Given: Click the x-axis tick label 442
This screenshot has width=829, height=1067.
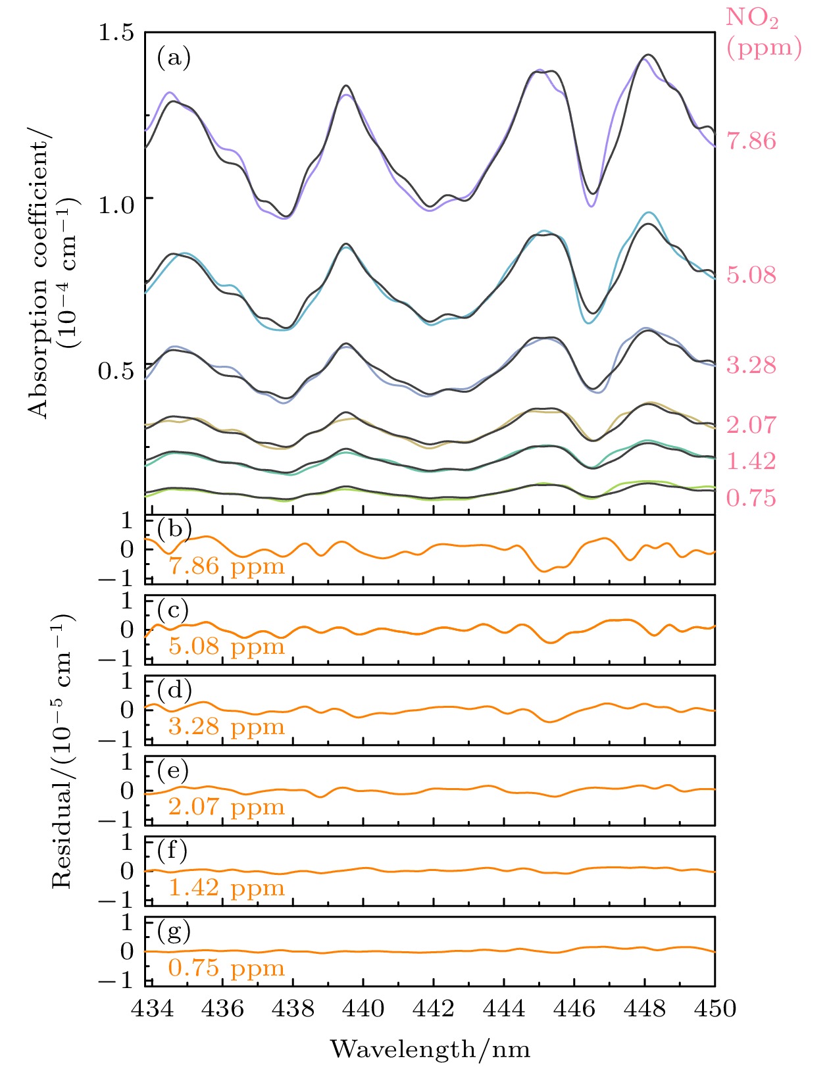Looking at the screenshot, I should [434, 1008].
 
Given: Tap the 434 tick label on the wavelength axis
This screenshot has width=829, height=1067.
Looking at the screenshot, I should [152, 1008].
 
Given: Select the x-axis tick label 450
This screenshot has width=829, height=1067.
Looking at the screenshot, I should [715, 1008].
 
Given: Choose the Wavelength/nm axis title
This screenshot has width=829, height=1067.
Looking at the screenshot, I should [430, 1049].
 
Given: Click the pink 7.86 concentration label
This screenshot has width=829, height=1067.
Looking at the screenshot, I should [751, 141].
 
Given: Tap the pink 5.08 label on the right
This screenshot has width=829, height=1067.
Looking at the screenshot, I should [751, 275].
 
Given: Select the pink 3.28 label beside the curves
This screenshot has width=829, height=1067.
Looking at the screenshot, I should [751, 365].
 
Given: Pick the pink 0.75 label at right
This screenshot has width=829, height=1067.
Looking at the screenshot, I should [751, 498].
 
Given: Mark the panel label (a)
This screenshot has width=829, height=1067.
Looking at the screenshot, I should [174, 58].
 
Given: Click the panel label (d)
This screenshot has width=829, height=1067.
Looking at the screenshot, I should [174, 690].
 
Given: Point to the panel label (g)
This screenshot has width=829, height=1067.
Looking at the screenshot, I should [174, 931].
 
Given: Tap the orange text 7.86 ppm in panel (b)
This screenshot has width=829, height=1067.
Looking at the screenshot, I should [226, 566].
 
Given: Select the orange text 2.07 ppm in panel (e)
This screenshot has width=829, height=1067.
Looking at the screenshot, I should [226, 806].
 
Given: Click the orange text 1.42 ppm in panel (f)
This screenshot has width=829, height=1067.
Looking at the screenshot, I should [226, 887].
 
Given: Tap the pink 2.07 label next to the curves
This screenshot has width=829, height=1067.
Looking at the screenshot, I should [751, 425].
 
